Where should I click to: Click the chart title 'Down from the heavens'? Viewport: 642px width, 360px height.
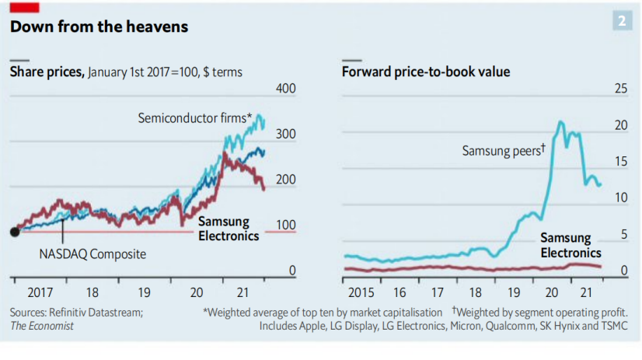click(x=99, y=26)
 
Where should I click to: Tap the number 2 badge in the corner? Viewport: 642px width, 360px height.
click(x=622, y=21)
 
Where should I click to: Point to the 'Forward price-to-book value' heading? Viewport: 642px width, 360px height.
click(x=426, y=72)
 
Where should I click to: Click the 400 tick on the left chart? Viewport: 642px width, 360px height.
click(x=287, y=89)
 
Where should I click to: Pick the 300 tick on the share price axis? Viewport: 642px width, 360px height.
click(x=287, y=135)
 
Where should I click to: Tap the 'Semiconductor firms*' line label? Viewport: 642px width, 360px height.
click(x=195, y=119)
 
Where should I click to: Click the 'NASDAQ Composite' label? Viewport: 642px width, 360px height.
click(x=93, y=253)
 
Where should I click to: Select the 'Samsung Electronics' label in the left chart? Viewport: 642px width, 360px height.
click(x=229, y=229)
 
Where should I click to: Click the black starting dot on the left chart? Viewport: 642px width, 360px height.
click(x=14, y=232)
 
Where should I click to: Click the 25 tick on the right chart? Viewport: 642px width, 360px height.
click(x=621, y=89)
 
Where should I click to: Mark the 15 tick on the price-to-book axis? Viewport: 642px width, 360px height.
click(x=621, y=162)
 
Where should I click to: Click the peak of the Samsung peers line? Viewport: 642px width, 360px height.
click(x=560, y=122)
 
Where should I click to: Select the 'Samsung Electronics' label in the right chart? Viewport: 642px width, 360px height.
click(x=570, y=246)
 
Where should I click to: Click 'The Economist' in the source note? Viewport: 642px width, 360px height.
click(x=42, y=326)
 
